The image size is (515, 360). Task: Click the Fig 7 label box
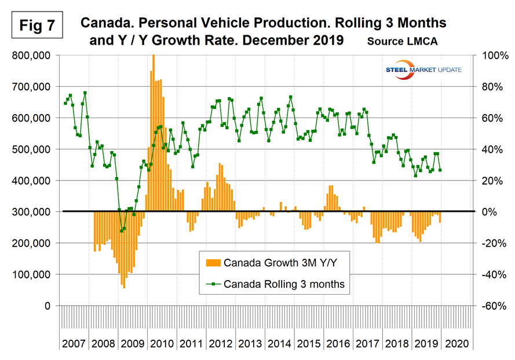click(x=36, y=26)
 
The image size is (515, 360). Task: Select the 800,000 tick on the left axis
click(x=34, y=56)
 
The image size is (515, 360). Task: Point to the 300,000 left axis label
click(x=34, y=212)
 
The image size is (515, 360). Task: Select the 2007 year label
click(x=75, y=344)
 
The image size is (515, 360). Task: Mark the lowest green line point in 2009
click(x=121, y=231)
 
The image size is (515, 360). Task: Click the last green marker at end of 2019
click(x=440, y=170)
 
